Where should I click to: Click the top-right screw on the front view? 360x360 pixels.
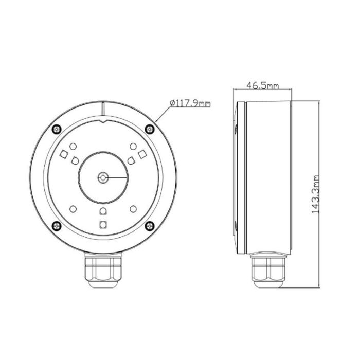(149, 129)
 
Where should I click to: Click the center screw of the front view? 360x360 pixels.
(103, 177)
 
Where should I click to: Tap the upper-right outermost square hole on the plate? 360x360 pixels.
(141, 154)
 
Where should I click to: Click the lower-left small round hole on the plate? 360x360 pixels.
(73, 208)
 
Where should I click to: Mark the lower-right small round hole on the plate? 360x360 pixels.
(133, 208)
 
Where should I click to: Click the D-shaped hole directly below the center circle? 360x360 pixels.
(103, 211)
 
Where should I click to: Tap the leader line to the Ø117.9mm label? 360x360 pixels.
(160, 115)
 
